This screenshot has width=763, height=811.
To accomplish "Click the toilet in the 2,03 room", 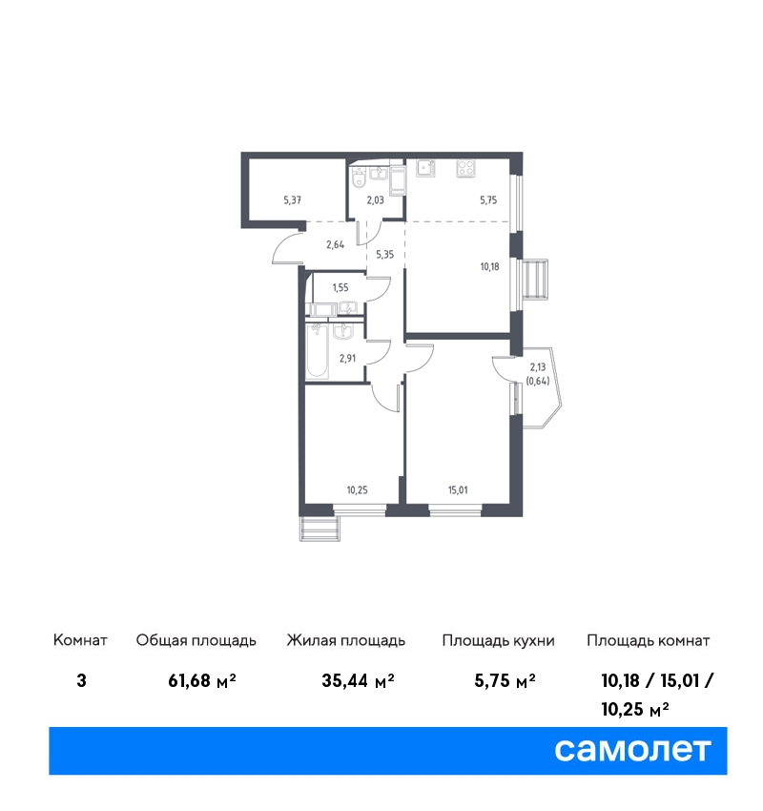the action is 358,177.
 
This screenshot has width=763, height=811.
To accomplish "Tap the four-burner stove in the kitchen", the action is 465,169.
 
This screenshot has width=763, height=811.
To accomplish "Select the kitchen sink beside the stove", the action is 426,168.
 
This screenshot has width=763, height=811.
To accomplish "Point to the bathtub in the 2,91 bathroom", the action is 317,351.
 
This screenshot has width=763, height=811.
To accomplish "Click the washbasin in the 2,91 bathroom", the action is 342,331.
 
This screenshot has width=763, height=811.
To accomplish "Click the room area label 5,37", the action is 292,199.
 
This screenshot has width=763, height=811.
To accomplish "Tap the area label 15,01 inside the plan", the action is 458,489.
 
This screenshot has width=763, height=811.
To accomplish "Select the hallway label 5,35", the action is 384,254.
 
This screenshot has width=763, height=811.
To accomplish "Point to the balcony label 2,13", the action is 538,367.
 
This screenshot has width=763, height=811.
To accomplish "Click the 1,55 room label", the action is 340,287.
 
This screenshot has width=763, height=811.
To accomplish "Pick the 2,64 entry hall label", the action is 335,244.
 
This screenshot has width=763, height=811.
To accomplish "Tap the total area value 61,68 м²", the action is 202,680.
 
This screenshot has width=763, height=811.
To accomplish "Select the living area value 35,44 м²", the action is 358,680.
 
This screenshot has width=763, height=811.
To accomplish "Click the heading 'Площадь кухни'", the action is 498,641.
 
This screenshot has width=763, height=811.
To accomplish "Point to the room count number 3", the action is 81,680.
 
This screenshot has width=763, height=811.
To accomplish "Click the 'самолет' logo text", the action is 632,750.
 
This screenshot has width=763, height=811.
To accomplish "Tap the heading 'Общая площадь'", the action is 196,641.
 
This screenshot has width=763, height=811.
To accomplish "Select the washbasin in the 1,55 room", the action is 347,308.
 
